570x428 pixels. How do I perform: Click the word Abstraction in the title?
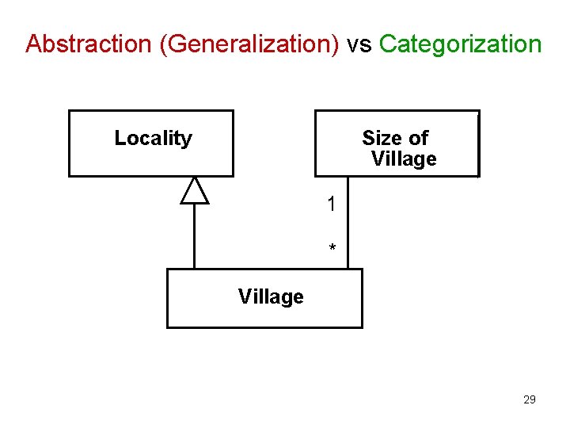click(89, 44)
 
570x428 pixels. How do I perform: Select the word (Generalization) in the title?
click(249, 44)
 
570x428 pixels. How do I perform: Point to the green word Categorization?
click(461, 44)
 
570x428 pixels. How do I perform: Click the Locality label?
click(153, 138)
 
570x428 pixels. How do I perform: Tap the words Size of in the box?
click(395, 138)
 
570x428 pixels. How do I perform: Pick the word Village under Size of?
click(404, 159)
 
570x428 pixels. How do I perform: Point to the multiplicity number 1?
click(332, 204)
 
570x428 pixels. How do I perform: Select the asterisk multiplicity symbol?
click(332, 249)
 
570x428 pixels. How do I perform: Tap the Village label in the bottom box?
click(271, 296)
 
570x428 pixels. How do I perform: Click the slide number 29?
click(530, 399)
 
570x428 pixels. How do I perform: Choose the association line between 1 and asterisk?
click(346, 226)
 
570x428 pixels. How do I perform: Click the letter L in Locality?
click(120, 138)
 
